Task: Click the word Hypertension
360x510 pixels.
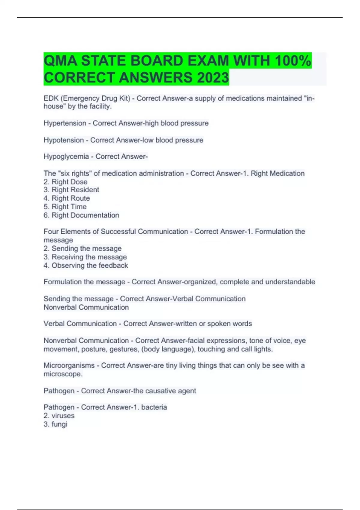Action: tap(65, 123)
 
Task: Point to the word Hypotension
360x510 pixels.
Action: tap(64, 140)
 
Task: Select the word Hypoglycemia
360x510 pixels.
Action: tap(66, 157)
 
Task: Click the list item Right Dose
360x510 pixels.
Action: tap(69, 182)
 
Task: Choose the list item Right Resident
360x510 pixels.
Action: tap(75, 190)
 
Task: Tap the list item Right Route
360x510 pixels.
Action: tap(70, 198)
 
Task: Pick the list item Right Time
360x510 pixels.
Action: tap(69, 207)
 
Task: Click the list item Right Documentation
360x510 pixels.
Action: tap(85, 215)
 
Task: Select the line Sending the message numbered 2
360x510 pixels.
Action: tap(86, 249)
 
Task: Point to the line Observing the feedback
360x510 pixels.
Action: tap(89, 265)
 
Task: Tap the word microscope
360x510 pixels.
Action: tap(62, 374)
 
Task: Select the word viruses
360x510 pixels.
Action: tap(63, 416)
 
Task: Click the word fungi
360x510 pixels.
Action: tap(59, 424)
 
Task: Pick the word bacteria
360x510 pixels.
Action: tap(154, 407)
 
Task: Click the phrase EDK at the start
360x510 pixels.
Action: tap(51, 98)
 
